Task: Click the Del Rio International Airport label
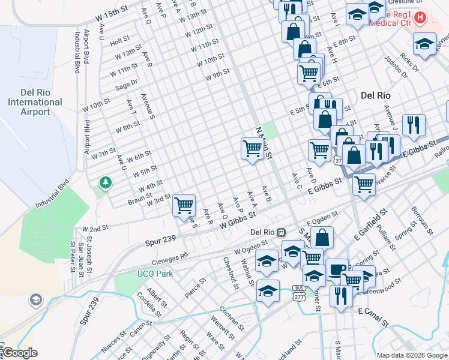point(35,102)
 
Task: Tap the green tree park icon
point(106,182)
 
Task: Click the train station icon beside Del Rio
point(281,232)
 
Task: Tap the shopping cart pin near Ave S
point(184,206)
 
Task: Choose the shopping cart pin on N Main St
point(252,148)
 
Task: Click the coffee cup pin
point(337,268)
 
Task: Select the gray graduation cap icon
point(36,299)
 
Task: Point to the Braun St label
point(139,198)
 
